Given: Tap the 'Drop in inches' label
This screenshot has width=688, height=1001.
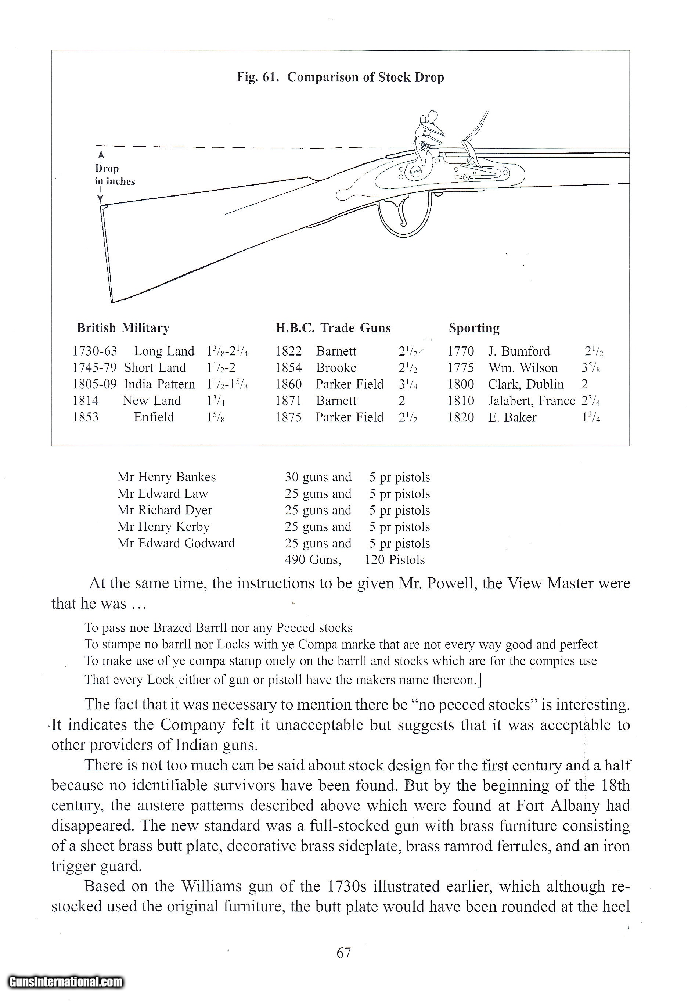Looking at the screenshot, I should click(x=115, y=175).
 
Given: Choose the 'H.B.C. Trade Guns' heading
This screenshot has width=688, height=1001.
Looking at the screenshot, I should click(x=333, y=328).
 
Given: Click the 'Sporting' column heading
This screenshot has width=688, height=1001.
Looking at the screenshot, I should click(x=474, y=328).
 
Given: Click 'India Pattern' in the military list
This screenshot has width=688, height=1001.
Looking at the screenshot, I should click(x=159, y=384).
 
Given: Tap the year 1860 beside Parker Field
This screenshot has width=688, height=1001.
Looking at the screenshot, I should click(x=288, y=384).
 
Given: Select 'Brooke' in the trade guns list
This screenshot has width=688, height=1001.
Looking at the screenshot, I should click(x=336, y=368).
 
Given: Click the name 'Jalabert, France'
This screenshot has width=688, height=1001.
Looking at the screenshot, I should click(x=531, y=401).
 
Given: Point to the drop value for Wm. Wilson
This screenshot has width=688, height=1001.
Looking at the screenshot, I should click(x=591, y=368).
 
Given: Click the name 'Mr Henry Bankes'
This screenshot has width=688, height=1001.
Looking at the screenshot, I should click(x=166, y=477).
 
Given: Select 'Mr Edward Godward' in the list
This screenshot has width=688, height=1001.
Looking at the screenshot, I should click(x=176, y=543).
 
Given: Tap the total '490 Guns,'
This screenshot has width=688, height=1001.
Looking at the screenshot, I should click(x=313, y=560).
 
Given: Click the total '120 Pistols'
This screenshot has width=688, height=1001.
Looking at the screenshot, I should click(x=395, y=560).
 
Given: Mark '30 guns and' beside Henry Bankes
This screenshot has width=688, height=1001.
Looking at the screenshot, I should click(x=318, y=477).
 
